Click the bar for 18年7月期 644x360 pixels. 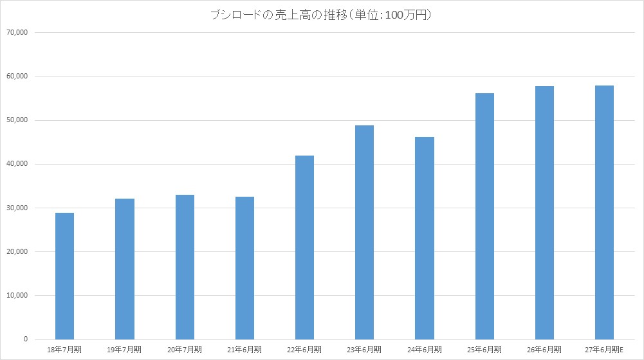64,276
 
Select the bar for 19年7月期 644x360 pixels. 124,269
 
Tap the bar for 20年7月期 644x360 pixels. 185,267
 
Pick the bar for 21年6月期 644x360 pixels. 244,268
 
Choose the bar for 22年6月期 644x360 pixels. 305,248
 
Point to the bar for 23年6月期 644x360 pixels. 365,232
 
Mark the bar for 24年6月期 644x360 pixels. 425,238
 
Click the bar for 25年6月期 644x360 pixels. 484,217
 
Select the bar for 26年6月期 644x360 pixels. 545,213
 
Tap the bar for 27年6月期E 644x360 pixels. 605,213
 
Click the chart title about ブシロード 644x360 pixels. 321,15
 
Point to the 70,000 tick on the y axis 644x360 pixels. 17,32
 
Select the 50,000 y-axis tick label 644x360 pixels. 17,120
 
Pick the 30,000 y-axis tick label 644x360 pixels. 17,208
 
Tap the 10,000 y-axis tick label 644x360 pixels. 17,296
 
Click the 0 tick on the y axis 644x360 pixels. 26,339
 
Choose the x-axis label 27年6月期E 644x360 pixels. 604,350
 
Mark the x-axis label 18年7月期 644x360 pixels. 64,350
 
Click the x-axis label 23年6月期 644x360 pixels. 364,350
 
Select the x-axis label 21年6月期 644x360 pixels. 244,350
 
